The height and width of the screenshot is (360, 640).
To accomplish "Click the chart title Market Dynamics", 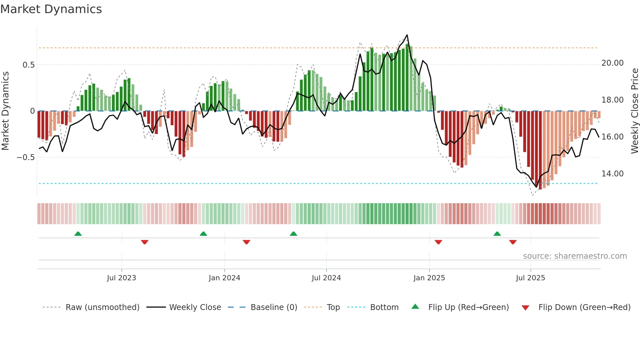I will click(51, 9).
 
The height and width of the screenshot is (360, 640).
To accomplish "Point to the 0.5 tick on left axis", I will click(28, 65).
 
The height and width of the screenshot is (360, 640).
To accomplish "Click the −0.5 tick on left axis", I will click(25, 157).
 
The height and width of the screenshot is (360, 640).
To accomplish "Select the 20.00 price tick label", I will click(612, 63).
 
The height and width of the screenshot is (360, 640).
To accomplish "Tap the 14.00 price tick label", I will click(612, 174).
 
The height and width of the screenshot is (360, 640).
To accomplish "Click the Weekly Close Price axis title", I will click(634, 111).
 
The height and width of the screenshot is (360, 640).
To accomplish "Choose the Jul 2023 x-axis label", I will click(121, 278).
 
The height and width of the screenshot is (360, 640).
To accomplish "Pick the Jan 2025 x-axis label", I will click(429, 278).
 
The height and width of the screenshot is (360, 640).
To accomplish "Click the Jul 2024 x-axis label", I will click(326, 278).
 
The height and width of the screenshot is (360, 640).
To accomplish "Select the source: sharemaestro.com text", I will click(575, 256).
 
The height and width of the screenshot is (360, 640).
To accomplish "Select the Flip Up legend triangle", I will click(415, 307).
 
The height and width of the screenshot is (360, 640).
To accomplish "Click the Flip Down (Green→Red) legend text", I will click(584, 307).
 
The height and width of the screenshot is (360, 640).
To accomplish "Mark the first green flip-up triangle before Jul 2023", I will click(78, 234).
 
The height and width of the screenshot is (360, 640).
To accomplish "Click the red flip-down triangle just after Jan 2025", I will click(438, 242).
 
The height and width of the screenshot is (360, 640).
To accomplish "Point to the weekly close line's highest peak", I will click(407, 35).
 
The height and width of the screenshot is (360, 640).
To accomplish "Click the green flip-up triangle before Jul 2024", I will click(294, 234).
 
